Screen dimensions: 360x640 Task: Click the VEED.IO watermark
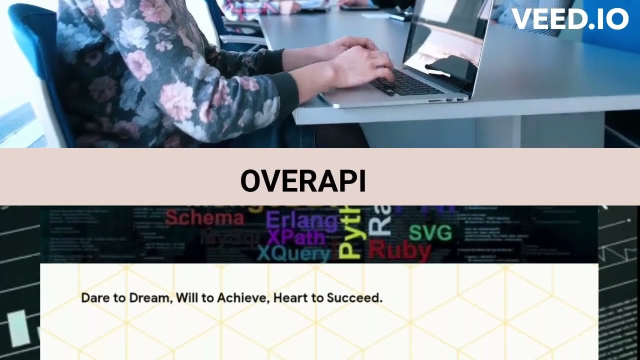(x=569, y=19)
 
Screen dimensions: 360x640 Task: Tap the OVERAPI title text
(x=303, y=181)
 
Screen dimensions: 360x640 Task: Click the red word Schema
(x=204, y=218)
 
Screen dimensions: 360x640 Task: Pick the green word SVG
(x=430, y=233)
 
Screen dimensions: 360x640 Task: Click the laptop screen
(x=445, y=45)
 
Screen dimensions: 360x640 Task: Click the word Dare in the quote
(x=95, y=298)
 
